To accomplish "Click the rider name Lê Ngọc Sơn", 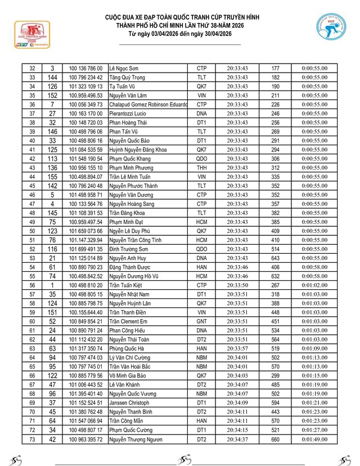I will pyautogui.click(x=123, y=68).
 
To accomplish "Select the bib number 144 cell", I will pyautogui.click(x=52, y=77).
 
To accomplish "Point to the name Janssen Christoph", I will pyautogui.click(x=129, y=402).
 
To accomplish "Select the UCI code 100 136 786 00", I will pyautogui.click(x=85, y=68).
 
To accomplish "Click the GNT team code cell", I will pyautogui.click(x=201, y=321).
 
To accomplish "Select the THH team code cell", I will pyautogui.click(x=201, y=168).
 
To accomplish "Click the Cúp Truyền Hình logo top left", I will pyautogui.click(x=29, y=35).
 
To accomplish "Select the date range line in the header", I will pyautogui.click(x=180, y=34).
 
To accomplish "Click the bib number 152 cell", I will pyautogui.click(x=52, y=95).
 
